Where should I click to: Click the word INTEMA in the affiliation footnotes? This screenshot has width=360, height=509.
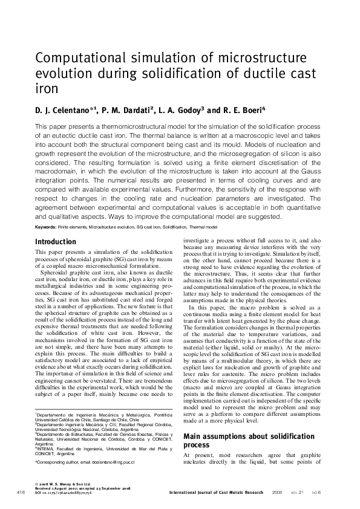46,449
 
